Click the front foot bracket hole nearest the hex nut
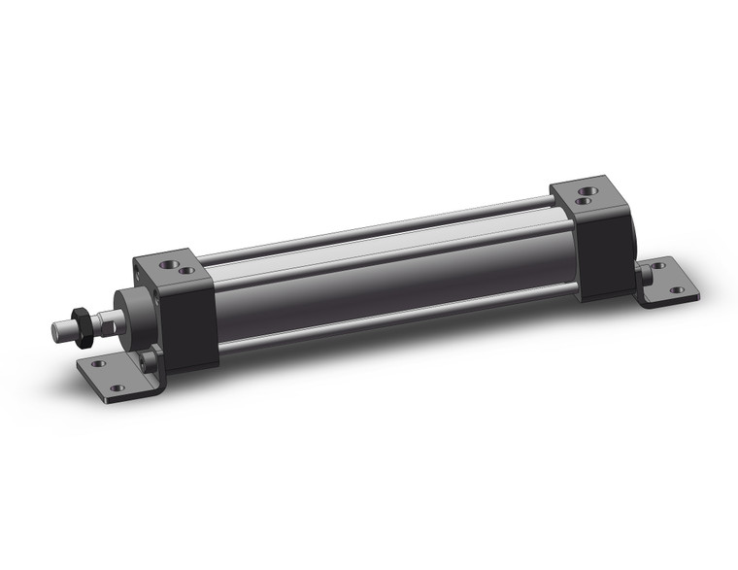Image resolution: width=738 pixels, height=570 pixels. coord(97,364)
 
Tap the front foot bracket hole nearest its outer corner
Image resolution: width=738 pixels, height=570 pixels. coord(117,388)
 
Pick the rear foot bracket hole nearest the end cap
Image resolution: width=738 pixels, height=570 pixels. coord(658,266)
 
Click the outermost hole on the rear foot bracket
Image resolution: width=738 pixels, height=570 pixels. coord(677,289)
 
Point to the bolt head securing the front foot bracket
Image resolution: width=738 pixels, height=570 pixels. coord(147,363)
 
